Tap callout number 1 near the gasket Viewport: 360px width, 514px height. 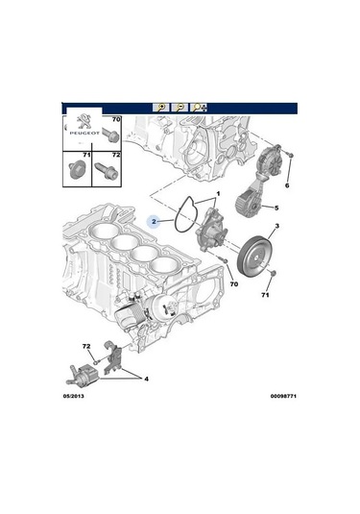[x=218, y=194]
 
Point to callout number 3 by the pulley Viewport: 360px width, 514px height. [x=276, y=227]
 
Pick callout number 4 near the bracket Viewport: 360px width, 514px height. [x=147, y=379]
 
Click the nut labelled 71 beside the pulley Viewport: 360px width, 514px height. [x=273, y=277]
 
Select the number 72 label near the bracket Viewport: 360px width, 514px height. [x=86, y=344]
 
